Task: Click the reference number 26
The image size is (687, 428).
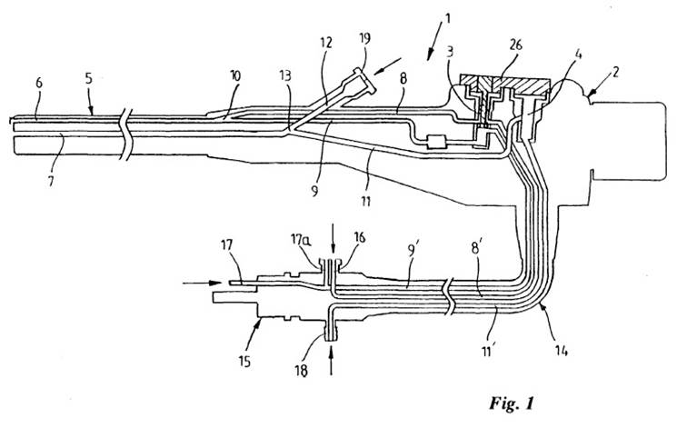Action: coord(515,45)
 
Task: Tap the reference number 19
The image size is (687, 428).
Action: coord(364,38)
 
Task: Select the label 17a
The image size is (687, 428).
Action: coord(301,240)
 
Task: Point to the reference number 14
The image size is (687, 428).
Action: coord(562,350)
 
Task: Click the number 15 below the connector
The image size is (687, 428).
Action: coord(244,362)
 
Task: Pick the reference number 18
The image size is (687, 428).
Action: coord(302,371)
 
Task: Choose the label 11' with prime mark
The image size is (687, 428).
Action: coord(488,351)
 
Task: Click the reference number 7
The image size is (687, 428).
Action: coord(51,180)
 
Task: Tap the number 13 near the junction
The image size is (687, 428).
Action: coord(285,75)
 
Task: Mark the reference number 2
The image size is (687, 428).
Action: coord(614,72)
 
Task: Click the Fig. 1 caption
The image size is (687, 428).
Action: coord(512,403)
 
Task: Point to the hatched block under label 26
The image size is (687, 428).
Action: coord(503,85)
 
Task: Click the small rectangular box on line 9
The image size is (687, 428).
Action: coord(435,142)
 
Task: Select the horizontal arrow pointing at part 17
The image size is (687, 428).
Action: coord(203,283)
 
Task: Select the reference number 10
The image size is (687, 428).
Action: coord(234,75)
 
